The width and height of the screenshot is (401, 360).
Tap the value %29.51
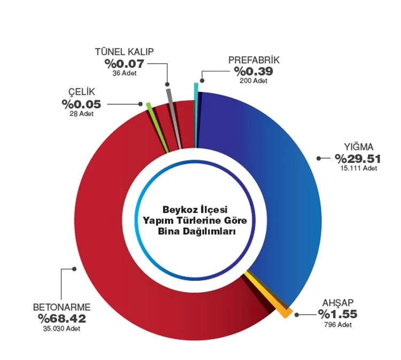click(358, 158)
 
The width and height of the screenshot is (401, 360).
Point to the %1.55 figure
click(337, 314)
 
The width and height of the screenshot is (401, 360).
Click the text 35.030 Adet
click(61, 329)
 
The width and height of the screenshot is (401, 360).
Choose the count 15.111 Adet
click(358, 168)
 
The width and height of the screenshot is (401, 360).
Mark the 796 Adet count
click(338, 324)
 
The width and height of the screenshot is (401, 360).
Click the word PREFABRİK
click(254, 60)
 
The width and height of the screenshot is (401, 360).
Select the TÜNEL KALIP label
click(124, 52)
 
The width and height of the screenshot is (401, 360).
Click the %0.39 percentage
click(254, 72)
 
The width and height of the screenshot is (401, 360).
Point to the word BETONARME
click(62, 308)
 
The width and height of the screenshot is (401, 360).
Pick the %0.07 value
click(124, 64)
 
